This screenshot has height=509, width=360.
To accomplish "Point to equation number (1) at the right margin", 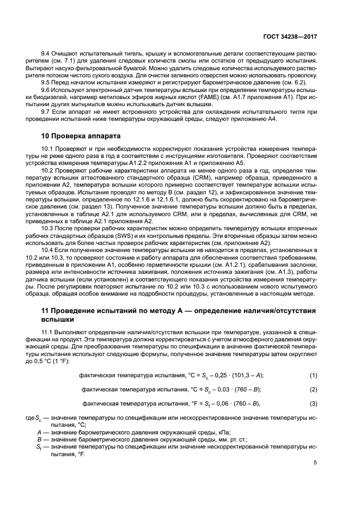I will [313, 376].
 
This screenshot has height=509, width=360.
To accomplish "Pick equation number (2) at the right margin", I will [313, 389].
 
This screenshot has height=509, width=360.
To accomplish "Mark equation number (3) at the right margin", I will [313, 403].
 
